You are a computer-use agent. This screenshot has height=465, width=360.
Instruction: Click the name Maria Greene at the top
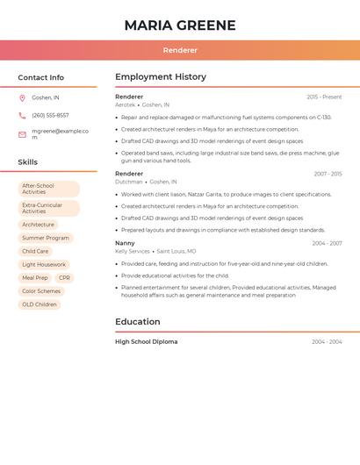(180, 25)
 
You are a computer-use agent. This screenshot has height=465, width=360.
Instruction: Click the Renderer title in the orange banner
(180, 51)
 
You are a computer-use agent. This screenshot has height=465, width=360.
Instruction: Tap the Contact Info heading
(40, 77)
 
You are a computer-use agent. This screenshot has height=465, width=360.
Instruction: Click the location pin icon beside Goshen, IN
(22, 97)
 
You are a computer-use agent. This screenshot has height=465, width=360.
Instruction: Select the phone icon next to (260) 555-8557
(22, 115)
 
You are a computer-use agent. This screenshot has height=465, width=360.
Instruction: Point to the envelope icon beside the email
(22, 134)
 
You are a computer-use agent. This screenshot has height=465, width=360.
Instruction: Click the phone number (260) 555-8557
(50, 115)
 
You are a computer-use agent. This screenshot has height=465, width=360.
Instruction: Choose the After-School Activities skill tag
(48, 189)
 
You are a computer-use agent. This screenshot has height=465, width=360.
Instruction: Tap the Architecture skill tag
(38, 225)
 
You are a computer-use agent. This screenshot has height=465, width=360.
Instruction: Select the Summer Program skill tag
(45, 238)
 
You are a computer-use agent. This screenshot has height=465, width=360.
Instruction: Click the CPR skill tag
(65, 277)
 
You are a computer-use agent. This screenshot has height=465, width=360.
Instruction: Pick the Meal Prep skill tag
(35, 277)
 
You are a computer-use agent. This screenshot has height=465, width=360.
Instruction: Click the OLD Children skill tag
(40, 304)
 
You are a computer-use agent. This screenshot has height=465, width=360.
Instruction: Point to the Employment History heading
(161, 77)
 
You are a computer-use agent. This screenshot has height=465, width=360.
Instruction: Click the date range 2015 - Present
(324, 97)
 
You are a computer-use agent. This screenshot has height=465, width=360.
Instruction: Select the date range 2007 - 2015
(328, 174)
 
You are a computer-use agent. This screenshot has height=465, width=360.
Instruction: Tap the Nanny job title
(125, 243)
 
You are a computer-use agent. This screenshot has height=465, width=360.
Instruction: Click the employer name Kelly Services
(133, 251)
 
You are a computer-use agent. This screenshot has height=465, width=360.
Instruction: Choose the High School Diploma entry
(146, 341)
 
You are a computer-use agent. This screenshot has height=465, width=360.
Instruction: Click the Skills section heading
(28, 162)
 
